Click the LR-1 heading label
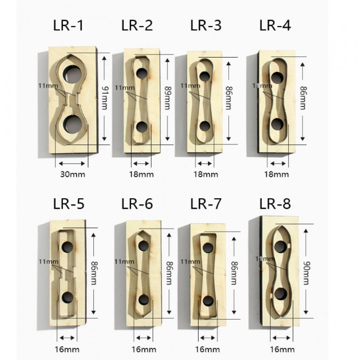[68, 25]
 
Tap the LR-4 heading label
[275, 25]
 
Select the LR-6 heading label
[137, 204]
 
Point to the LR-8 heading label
[275, 204]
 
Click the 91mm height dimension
[105, 98]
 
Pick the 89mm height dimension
[168, 98]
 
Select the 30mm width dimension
[73, 174]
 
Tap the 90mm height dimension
[306, 273]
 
